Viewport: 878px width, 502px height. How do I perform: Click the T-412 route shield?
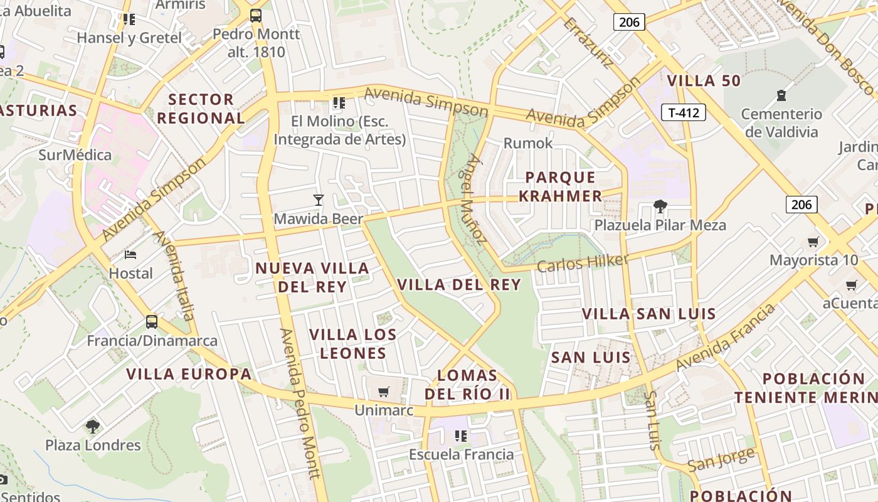coord(684,113)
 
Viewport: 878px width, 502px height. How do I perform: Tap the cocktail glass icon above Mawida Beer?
coord(319,200)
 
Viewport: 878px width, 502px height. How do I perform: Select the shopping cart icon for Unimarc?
coord(383,392)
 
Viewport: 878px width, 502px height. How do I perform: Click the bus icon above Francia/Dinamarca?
coord(152,322)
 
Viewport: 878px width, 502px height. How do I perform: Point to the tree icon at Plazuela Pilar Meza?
coord(660,206)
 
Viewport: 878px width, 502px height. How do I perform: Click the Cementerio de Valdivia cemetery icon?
coord(781,95)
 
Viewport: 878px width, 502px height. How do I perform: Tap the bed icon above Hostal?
coord(130,254)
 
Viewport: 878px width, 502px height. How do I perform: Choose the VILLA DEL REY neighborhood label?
coord(459,284)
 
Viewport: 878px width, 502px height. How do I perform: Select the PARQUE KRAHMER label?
coord(560,186)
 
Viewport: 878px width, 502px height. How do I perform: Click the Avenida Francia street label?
coord(726,338)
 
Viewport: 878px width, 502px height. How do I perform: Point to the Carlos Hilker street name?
coord(583,263)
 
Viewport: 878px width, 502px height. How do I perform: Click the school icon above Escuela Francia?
coord(461,435)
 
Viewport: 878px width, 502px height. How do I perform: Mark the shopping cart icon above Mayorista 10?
coord(813,242)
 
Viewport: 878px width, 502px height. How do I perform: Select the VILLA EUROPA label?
coord(189,375)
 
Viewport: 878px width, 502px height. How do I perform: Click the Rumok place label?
coord(528,143)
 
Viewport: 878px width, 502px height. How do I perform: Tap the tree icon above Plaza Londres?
coord(93,427)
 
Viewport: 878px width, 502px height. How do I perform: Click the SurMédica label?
coord(75,155)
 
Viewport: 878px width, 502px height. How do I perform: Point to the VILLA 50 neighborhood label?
coord(704,80)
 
